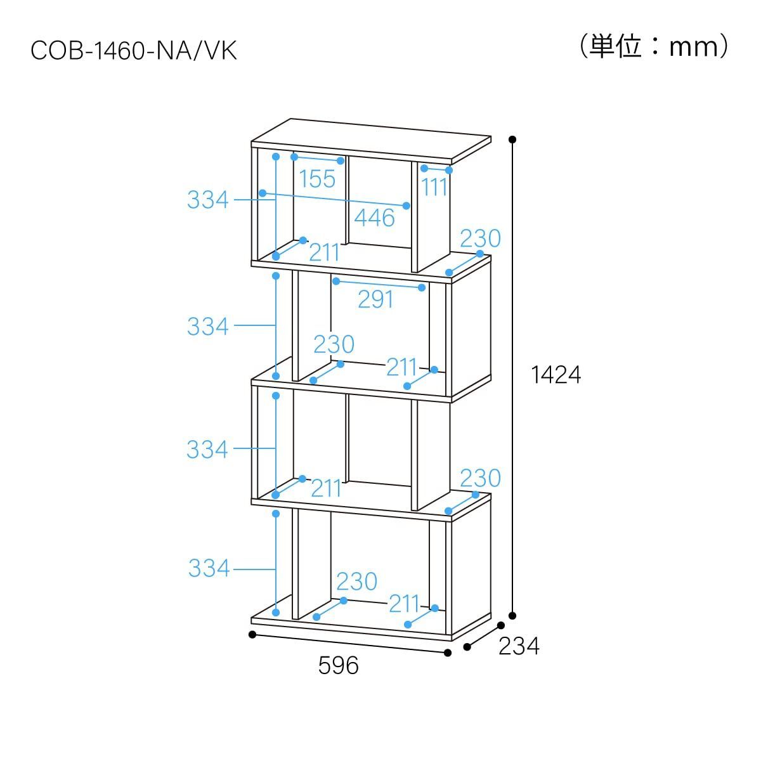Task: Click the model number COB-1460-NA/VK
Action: click(x=134, y=51)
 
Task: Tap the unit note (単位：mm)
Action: click(x=654, y=46)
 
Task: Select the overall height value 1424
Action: click(x=556, y=375)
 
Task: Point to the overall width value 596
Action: click(x=338, y=665)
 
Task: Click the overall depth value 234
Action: click(x=519, y=646)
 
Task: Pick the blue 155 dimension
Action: click(x=317, y=179)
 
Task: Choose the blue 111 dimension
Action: click(x=435, y=186)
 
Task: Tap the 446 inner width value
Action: click(x=374, y=218)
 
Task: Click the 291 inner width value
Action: click(x=376, y=299)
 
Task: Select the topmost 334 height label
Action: click(x=207, y=200)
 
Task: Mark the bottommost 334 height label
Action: click(x=209, y=568)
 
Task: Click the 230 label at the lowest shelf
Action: click(x=356, y=581)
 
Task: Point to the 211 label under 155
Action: click(x=325, y=252)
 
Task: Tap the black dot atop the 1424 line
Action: click(x=512, y=139)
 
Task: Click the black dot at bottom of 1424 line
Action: click(x=512, y=615)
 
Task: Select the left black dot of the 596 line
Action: click(x=252, y=634)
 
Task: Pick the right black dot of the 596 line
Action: click(x=448, y=652)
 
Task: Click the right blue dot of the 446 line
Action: click(x=407, y=205)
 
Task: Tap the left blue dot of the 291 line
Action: click(x=335, y=281)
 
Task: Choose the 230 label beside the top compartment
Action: click(x=480, y=238)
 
